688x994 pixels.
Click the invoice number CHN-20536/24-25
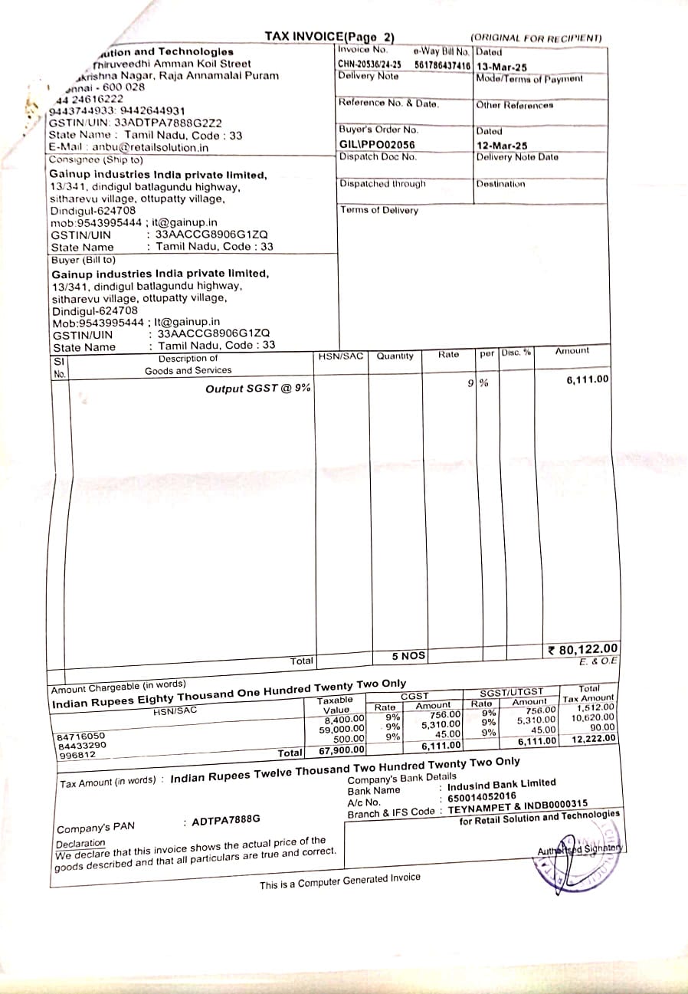click(369, 64)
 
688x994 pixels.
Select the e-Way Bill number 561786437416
click(442, 65)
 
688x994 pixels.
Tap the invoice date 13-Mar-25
click(501, 67)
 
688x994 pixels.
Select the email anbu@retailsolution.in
click(150, 147)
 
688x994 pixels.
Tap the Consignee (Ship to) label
click(96, 159)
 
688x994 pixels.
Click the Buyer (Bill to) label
click(84, 260)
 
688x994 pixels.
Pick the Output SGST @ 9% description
click(257, 389)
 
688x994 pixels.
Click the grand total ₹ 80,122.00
click(583, 650)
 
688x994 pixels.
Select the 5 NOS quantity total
click(408, 656)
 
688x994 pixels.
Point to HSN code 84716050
click(81, 736)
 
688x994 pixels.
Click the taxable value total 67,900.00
click(342, 750)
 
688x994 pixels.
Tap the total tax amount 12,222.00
click(593, 739)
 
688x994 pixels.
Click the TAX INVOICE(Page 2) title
click(329, 37)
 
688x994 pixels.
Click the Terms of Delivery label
click(379, 210)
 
